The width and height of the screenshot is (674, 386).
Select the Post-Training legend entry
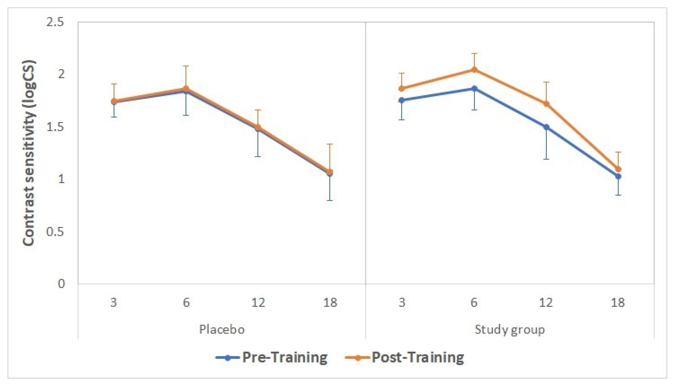[405, 358]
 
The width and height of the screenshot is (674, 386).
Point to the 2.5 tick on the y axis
[55, 22]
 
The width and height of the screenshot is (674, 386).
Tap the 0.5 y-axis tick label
[55, 232]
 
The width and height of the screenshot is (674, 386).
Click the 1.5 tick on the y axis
[55, 127]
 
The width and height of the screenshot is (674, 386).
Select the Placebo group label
[222, 329]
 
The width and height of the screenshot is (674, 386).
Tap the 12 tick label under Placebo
[258, 303]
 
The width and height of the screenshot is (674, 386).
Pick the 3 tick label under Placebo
[114, 303]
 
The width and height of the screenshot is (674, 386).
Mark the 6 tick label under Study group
[474, 303]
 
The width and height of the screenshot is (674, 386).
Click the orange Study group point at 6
[474, 70]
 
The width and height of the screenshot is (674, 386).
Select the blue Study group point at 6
[474, 88]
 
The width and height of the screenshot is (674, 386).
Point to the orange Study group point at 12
[546, 104]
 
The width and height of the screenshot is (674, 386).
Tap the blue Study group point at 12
[546, 127]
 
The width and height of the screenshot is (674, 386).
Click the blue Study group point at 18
[618, 176]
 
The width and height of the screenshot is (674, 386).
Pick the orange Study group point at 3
[402, 88]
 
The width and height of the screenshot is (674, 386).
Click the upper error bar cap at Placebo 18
[330, 144]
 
